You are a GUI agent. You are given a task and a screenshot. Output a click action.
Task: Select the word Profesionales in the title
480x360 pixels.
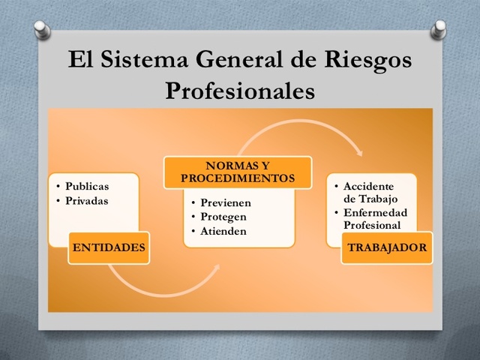point(239,90)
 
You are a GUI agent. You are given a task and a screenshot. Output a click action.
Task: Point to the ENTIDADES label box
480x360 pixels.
point(109,247)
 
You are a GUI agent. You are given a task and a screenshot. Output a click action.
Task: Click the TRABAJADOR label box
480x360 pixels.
point(387,247)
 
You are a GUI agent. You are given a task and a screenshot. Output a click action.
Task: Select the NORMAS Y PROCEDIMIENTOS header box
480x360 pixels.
point(237,172)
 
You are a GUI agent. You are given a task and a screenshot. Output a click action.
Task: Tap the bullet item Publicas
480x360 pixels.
point(86,186)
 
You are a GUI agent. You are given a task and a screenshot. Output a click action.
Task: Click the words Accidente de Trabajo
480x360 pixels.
point(368,192)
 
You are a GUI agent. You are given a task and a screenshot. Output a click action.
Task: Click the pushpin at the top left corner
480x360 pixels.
point(42,28)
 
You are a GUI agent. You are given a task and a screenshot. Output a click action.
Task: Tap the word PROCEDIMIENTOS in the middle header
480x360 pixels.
point(237,178)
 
